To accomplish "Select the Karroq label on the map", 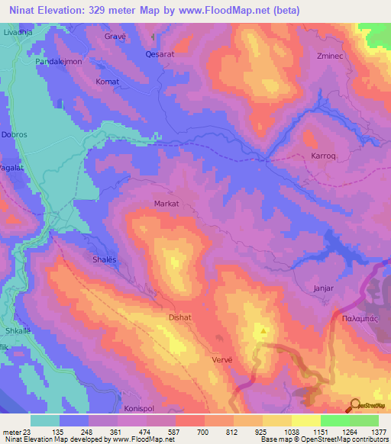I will (323, 155).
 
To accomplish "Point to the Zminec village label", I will (331, 56).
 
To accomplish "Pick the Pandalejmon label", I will (64, 61).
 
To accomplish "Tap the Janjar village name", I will (325, 289).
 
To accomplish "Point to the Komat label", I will (107, 80).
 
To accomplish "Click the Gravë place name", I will (115, 36).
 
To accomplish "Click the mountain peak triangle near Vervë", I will (263, 331).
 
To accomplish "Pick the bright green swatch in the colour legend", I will (334, 420).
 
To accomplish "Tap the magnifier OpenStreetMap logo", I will (354, 405).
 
